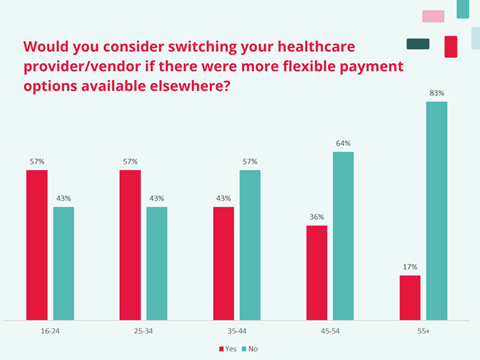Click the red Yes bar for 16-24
pos(37,243)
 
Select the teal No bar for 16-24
pos(63,262)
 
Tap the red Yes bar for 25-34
pos(130,243)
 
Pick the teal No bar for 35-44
pos(249,243)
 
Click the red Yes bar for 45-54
pos(316,271)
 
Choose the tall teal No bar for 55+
pos(436,209)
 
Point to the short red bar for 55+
pos(409,296)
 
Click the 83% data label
pos(437,93)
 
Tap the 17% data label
pos(410,267)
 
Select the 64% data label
pos(343,143)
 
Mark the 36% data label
pos(316,217)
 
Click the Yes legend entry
pos(227,348)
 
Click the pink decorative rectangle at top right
pos(433,16)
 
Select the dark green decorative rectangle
pos(418,44)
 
